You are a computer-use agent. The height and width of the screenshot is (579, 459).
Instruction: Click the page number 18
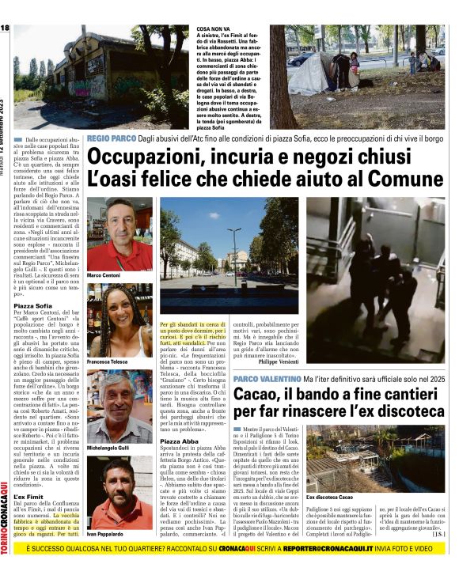(x=5, y=28)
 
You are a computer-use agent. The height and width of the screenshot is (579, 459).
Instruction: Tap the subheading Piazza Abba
(x=178, y=441)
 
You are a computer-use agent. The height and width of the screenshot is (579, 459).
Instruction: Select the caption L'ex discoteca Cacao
(x=329, y=475)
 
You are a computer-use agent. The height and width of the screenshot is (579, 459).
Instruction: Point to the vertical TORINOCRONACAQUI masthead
(x=5, y=506)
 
